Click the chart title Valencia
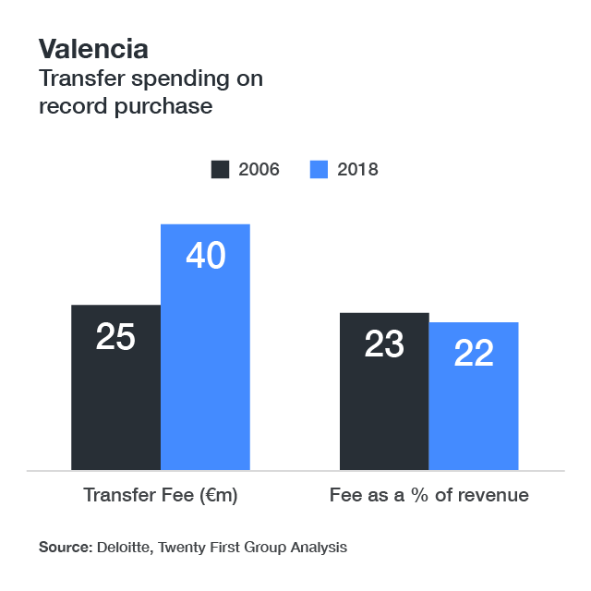(x=92, y=48)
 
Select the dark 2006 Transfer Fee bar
(x=115, y=406)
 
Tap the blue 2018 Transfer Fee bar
(x=205, y=369)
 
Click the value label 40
(x=205, y=256)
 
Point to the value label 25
(x=115, y=337)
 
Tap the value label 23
(x=384, y=344)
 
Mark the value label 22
(x=474, y=353)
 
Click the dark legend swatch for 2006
(x=221, y=169)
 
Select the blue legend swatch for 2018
(x=319, y=169)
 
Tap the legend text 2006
(x=259, y=169)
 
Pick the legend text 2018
(x=357, y=169)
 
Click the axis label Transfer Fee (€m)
(x=161, y=495)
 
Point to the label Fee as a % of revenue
(x=428, y=495)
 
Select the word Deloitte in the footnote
(x=125, y=548)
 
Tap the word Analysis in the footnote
(x=317, y=548)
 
